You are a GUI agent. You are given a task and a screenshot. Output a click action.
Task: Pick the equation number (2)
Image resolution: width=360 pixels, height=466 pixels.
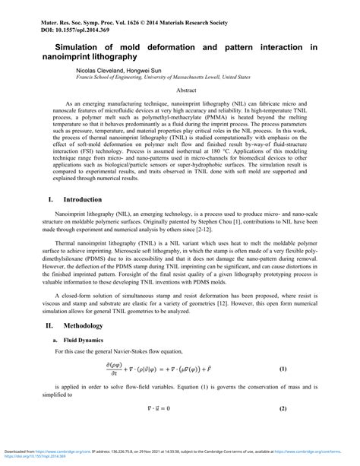pos(283,408)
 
